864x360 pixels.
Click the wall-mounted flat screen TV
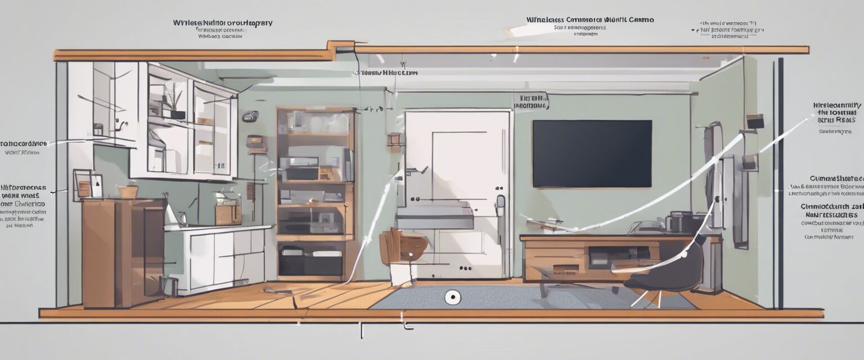(x=592, y=154)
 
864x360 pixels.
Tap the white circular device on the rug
(x=452, y=298)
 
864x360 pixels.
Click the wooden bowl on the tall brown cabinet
(x=128, y=191)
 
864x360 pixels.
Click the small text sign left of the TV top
(x=530, y=101)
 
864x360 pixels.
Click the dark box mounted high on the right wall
(x=754, y=121)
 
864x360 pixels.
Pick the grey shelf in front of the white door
(x=434, y=217)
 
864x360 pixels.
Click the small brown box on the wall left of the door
(x=395, y=139)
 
